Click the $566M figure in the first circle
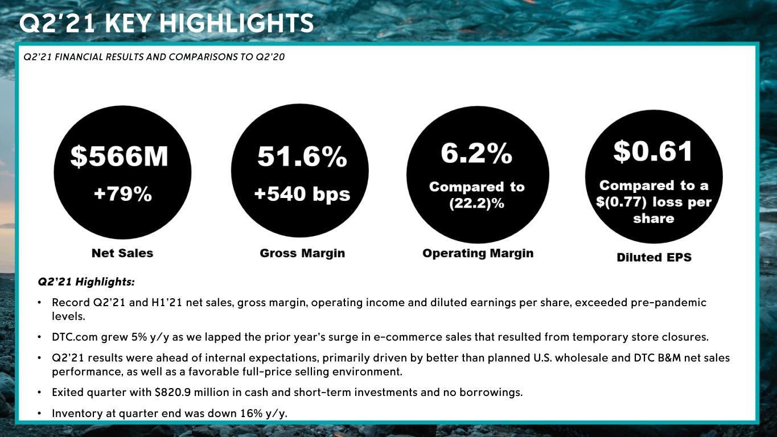(120, 157)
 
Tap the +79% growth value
(123, 194)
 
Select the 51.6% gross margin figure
(302, 156)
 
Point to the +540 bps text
(302, 194)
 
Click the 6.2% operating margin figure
(476, 154)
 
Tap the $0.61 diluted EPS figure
(653, 151)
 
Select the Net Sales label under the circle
(122, 253)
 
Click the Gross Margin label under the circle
(302, 253)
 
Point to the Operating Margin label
(478, 253)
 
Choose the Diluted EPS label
(654, 257)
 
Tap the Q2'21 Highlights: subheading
(86, 282)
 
